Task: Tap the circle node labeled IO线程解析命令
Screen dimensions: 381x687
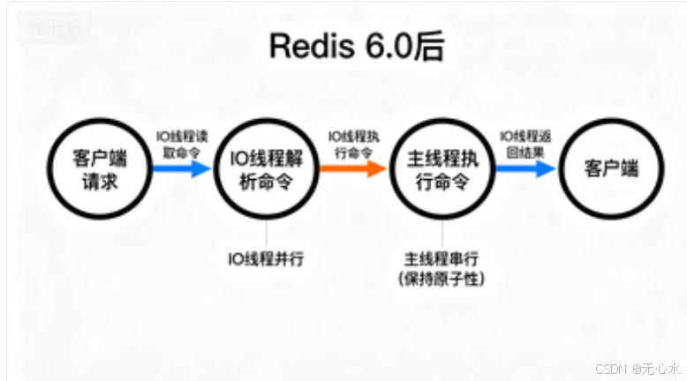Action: [267, 170]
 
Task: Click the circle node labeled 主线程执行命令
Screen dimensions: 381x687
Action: [442, 170]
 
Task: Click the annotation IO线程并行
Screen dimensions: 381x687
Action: [267, 258]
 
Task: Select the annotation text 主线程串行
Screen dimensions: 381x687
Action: [442, 258]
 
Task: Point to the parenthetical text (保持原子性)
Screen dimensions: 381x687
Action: [442, 279]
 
